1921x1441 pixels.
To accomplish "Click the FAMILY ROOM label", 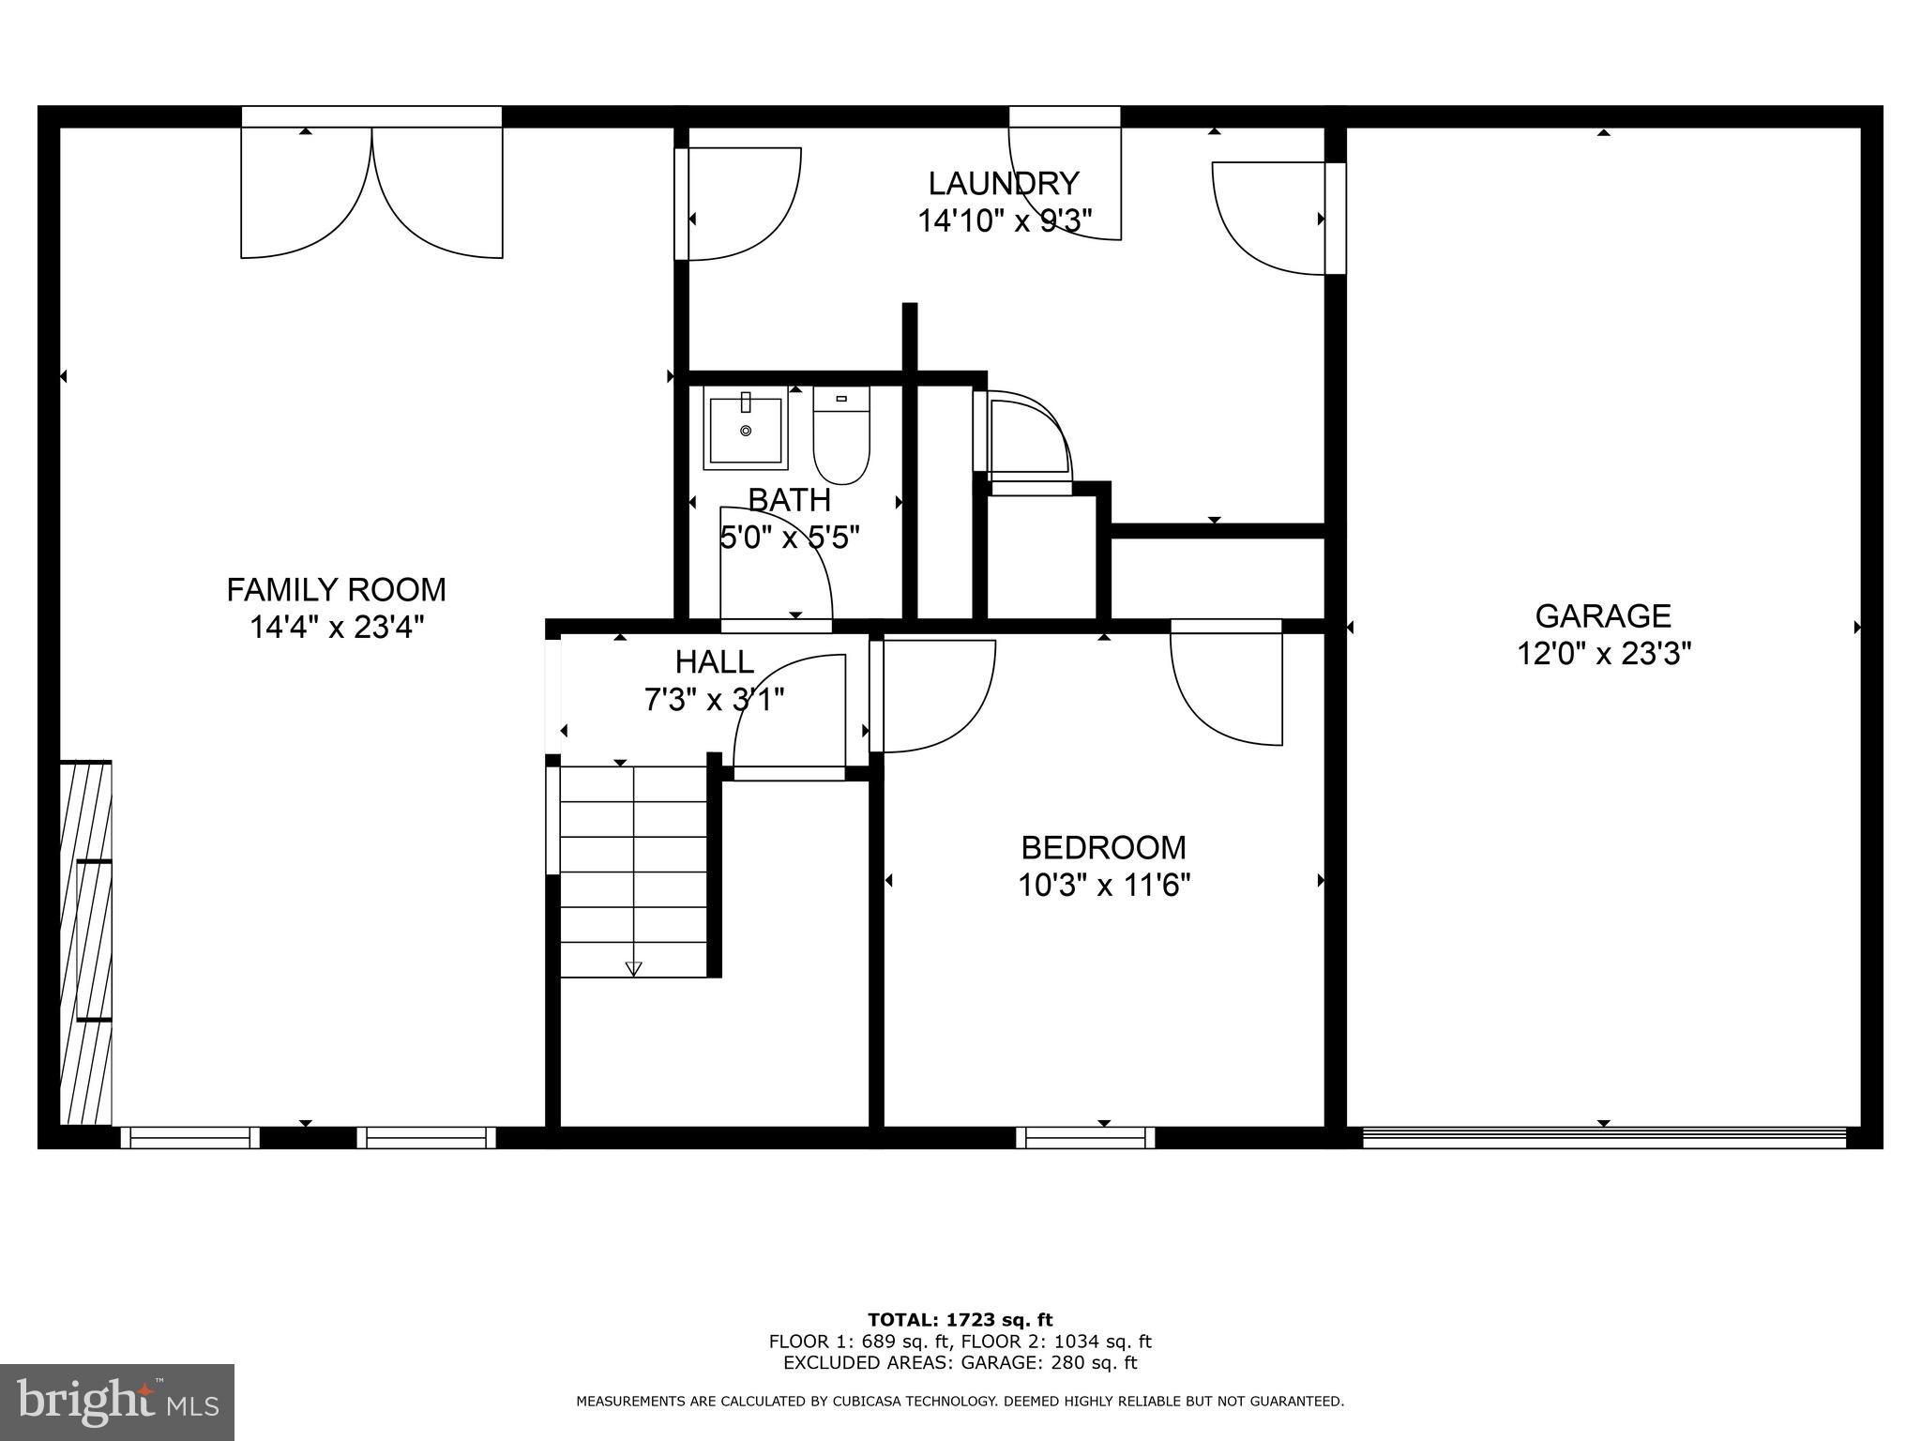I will (336, 590).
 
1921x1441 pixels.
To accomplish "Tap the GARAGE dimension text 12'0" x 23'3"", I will (1603, 653).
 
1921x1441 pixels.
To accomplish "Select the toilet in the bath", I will (841, 437).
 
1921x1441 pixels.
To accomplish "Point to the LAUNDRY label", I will (1004, 183).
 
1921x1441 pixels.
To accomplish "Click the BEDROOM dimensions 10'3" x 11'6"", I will (1104, 885).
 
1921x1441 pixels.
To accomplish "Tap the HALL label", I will (714, 662).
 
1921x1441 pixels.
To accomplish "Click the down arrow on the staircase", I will (633, 968).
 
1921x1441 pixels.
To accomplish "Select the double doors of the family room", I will (371, 192).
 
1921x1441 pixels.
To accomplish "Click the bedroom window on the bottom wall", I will (1085, 1138).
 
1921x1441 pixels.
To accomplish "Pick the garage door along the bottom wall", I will (1603, 1138).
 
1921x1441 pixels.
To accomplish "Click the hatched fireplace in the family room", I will (85, 943).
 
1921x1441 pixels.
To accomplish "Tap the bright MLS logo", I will (117, 1402).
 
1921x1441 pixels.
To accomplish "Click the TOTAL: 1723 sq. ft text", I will (960, 1321).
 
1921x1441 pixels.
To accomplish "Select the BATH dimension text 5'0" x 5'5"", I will (789, 538).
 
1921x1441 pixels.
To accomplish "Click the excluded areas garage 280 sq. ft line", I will (960, 1363).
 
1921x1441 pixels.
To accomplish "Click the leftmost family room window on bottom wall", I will (190, 1138).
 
